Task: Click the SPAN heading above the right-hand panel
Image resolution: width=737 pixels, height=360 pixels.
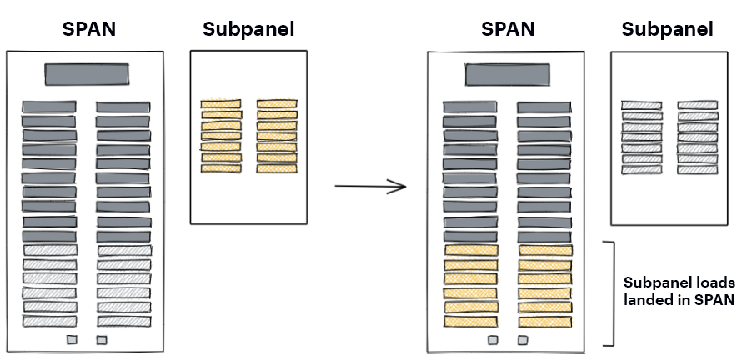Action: point(507,29)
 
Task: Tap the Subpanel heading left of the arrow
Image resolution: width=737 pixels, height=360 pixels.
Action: point(248,30)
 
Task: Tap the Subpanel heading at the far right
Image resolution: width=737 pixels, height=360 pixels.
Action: point(668,30)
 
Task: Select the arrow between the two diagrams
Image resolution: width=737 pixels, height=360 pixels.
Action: point(369,186)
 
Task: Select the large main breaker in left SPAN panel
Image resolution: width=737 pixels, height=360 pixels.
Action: point(87,74)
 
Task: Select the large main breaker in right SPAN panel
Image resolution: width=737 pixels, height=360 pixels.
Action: point(507,74)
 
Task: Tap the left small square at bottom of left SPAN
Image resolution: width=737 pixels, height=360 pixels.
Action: point(72,340)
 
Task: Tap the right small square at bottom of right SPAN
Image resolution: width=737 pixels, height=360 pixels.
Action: point(523,340)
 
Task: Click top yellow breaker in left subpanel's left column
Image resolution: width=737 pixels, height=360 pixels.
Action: point(221,104)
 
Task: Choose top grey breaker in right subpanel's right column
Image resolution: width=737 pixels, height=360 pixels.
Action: point(697,106)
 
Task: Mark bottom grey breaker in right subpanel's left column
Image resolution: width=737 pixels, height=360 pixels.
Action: point(642,169)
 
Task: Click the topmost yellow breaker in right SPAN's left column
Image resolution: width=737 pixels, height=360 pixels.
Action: point(471,250)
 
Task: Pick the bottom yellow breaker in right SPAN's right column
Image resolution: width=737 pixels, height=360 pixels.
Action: point(545,322)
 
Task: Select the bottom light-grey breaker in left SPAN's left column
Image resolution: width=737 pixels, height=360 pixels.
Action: point(49,321)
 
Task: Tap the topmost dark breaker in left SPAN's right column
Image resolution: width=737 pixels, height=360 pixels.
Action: point(123,107)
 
